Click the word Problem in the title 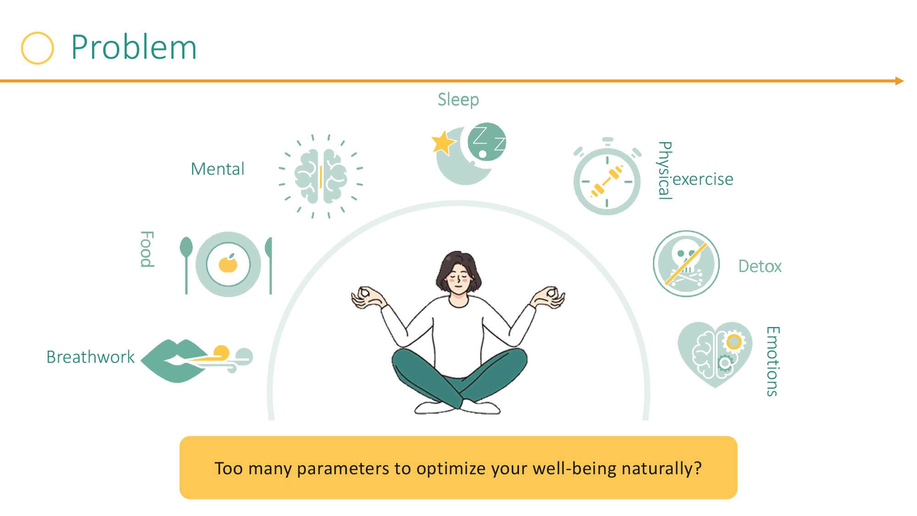134,47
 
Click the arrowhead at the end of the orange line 899,81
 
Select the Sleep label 458,100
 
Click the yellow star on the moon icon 442,142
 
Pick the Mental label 217,169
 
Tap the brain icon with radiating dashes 321,177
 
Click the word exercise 703,179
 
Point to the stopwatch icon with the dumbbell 607,177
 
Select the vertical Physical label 665,170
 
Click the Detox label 760,266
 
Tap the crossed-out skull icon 686,264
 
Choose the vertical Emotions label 773,361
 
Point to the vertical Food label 147,249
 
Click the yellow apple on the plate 228,263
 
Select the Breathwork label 90,357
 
